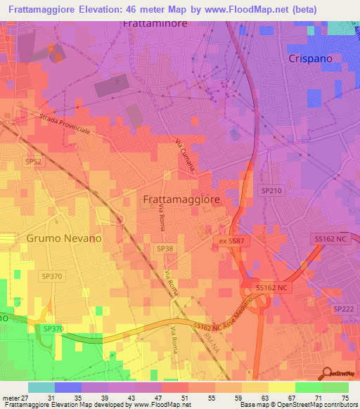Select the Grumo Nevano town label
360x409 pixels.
click(x=64, y=238)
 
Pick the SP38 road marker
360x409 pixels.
click(x=165, y=249)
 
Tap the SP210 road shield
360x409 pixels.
click(x=271, y=190)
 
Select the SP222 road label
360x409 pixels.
click(x=343, y=309)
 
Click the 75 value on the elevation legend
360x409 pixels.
click(x=345, y=398)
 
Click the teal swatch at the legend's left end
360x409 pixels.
click(x=41, y=387)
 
